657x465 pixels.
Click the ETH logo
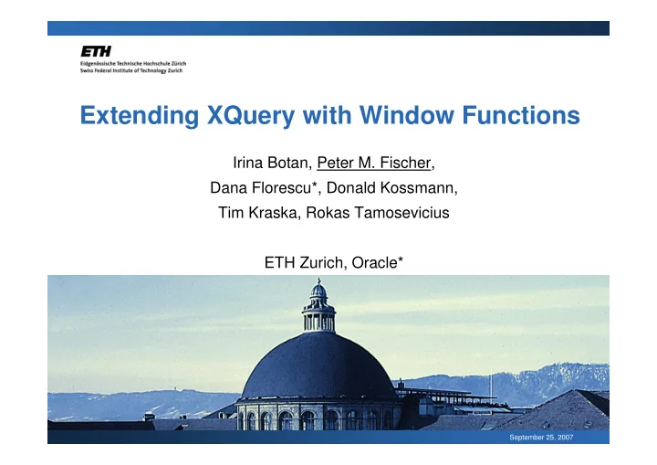[x=96, y=51]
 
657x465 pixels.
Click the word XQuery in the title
[x=251, y=116]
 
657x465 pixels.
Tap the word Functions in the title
[x=521, y=115]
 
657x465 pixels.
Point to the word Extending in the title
[x=140, y=116]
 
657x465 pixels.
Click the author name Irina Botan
[x=270, y=163]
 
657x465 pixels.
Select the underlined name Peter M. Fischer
[x=374, y=163]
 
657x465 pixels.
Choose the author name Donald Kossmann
[x=391, y=187]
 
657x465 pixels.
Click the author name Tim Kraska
[x=257, y=212]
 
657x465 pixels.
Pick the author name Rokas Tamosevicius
[x=378, y=212]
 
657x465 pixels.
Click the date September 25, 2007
[x=541, y=438]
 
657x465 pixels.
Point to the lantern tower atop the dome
[x=318, y=306]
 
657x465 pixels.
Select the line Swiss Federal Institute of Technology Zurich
[x=131, y=70]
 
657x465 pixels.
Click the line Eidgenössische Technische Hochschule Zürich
[x=133, y=63]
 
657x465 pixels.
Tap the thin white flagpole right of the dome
[x=491, y=386]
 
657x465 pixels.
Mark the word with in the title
[x=327, y=115]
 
